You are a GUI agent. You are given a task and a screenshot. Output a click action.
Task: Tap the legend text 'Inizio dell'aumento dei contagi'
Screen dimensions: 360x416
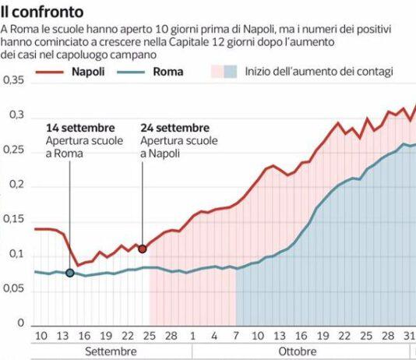coord(319,72)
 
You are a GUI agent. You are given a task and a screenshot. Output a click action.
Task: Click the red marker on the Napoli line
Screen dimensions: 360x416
coord(142,249)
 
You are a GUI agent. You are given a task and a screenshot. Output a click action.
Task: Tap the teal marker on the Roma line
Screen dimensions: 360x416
coord(70,273)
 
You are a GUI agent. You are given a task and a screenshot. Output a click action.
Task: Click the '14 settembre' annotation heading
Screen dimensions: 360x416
coord(80,128)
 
